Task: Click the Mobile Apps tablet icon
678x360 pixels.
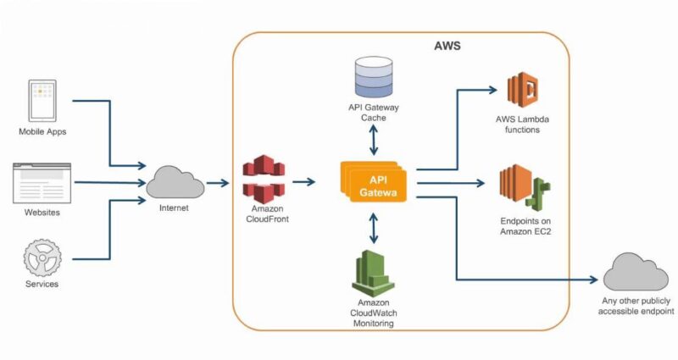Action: (x=42, y=101)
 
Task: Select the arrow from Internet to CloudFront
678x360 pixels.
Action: (x=217, y=182)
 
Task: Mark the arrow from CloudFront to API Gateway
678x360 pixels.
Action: (x=304, y=182)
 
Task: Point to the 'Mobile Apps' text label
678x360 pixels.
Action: (x=42, y=132)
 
